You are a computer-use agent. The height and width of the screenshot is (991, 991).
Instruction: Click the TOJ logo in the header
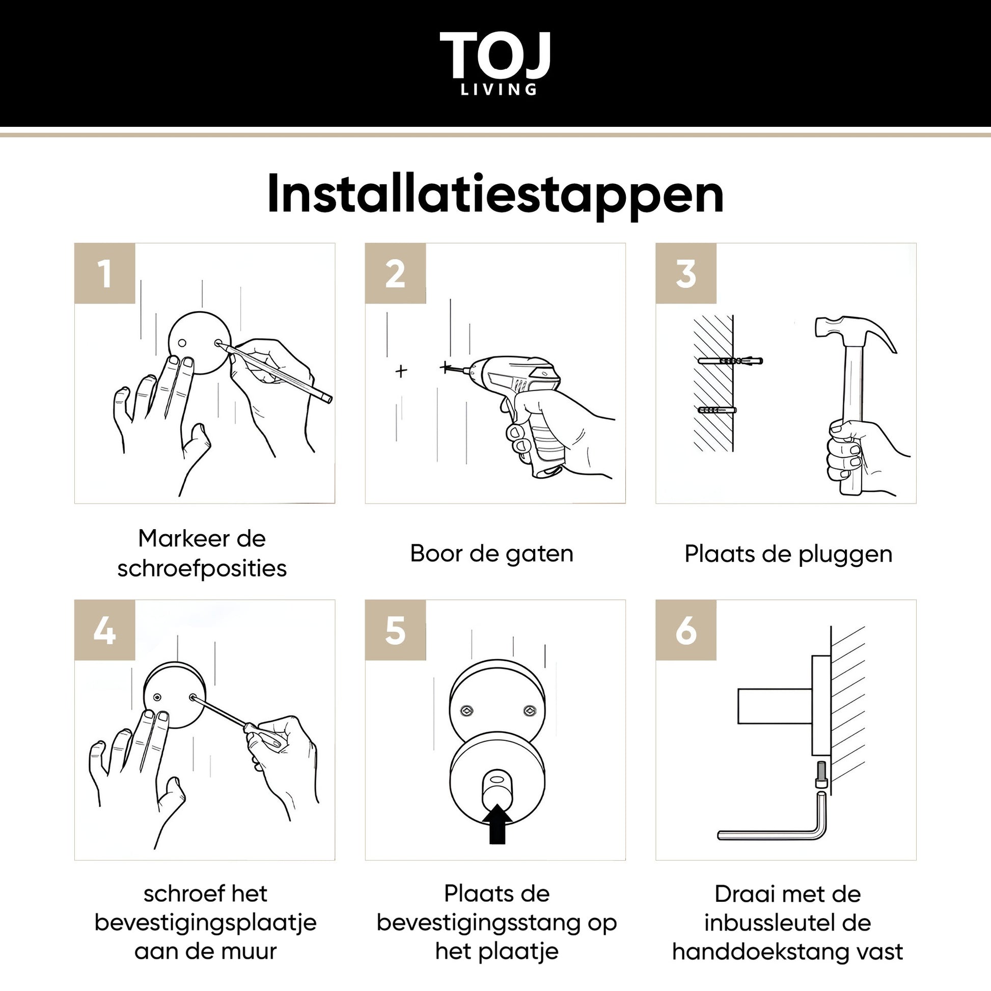click(x=495, y=63)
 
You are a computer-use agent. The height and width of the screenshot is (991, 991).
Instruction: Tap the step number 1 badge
click(x=104, y=273)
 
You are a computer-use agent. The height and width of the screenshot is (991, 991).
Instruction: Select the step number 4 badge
click(x=104, y=630)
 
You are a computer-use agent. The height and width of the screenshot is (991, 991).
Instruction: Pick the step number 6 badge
click(x=686, y=630)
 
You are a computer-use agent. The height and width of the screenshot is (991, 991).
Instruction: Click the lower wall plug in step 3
click(x=717, y=410)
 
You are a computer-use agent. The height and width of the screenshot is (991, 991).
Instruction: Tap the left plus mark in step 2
click(x=401, y=370)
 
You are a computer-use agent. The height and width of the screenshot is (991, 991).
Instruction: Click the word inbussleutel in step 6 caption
click(x=772, y=923)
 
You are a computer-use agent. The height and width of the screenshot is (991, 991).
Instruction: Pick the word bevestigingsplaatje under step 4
click(x=206, y=923)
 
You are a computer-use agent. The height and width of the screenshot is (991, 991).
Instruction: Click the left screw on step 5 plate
click(x=467, y=710)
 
